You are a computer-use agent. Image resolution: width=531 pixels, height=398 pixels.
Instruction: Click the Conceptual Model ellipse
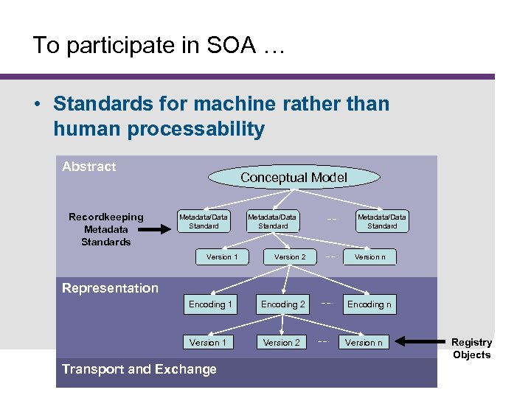(x=294, y=177)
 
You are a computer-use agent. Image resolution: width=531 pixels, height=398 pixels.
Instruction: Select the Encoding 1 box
(x=210, y=304)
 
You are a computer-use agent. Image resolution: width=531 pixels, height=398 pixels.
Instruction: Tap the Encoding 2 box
(x=282, y=304)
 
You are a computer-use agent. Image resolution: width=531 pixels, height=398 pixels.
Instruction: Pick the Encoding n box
(x=369, y=304)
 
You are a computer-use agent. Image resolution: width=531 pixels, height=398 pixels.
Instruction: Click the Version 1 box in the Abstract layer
(x=221, y=256)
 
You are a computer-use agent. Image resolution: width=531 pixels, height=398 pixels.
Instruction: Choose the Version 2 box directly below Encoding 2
(x=282, y=342)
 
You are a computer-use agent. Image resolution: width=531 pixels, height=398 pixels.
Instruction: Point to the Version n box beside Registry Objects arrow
(x=364, y=342)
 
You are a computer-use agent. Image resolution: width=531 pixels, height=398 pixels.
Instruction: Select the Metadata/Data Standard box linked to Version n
(x=382, y=221)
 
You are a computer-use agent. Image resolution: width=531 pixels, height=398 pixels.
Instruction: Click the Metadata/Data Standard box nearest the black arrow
(x=204, y=221)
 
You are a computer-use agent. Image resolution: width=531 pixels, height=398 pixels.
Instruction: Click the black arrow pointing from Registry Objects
(x=420, y=342)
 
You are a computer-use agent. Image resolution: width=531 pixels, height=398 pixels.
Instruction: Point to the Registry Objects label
(x=471, y=349)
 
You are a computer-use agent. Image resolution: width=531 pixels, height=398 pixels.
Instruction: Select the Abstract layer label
(x=89, y=167)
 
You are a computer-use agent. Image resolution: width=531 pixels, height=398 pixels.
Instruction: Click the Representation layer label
(x=110, y=288)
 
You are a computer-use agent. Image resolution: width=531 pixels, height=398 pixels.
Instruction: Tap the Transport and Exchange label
(x=139, y=369)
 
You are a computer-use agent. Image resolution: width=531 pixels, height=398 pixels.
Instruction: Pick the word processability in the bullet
(x=195, y=129)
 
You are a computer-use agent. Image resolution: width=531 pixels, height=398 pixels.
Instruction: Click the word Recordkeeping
(x=106, y=217)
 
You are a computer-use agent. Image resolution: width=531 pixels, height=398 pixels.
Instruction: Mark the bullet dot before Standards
(x=36, y=104)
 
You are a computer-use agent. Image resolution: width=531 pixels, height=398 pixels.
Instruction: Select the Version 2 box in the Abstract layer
(x=290, y=256)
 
